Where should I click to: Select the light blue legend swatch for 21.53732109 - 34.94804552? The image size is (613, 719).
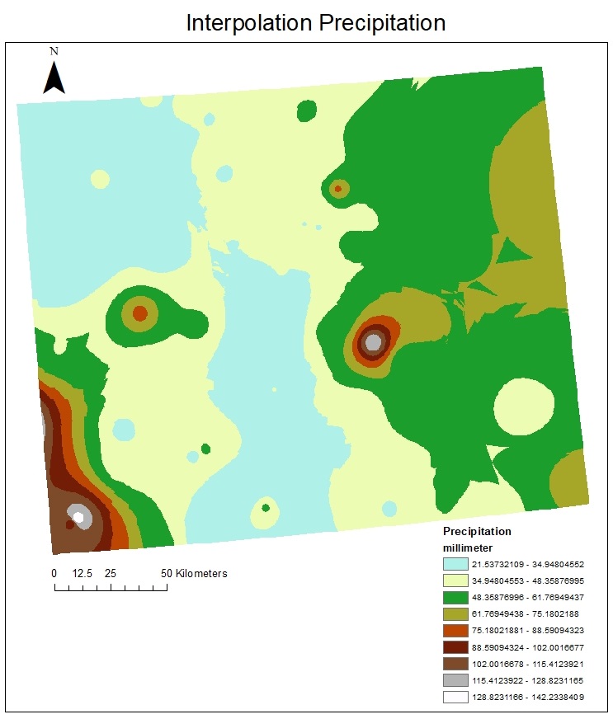(x=455, y=565)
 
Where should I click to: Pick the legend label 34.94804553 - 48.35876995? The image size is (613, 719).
(x=528, y=581)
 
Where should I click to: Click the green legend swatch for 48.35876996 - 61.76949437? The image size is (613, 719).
(x=455, y=598)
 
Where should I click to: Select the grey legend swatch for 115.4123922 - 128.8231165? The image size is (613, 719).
(x=455, y=680)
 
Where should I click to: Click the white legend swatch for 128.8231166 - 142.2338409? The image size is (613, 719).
(x=455, y=697)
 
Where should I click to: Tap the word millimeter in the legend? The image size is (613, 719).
(x=469, y=547)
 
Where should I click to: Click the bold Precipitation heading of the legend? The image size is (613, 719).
(x=477, y=531)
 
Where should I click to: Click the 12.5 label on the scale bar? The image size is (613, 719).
(x=81, y=573)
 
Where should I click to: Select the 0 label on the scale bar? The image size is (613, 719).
(x=54, y=573)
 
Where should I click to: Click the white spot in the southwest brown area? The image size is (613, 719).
(x=78, y=517)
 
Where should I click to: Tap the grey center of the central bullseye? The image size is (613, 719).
(x=374, y=341)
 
